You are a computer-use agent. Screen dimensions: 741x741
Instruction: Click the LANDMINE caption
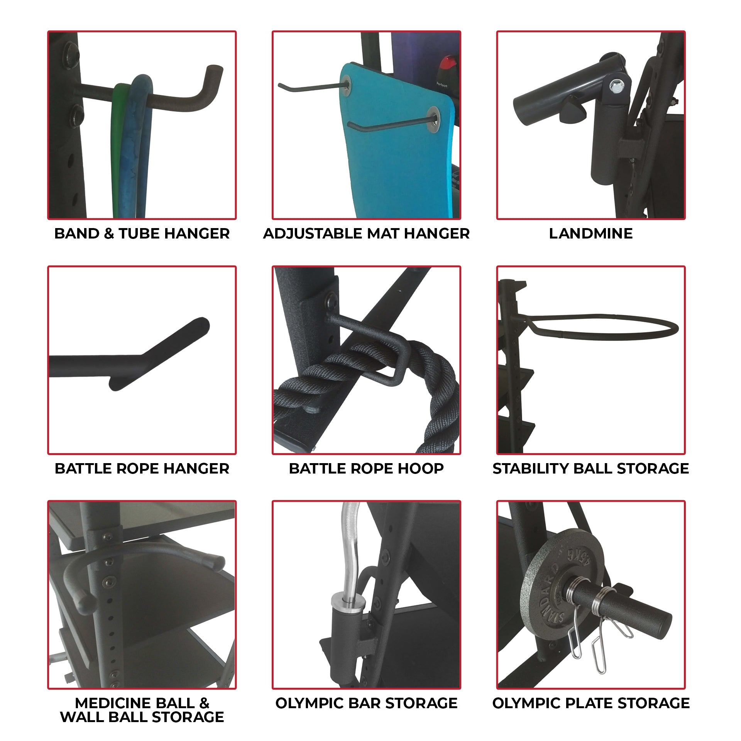coord(590,233)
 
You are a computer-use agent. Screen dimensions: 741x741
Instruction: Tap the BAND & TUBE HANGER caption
coord(142,233)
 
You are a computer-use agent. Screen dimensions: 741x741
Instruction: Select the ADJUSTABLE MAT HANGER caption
coord(366,233)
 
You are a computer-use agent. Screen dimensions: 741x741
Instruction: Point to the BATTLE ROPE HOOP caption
coord(366,468)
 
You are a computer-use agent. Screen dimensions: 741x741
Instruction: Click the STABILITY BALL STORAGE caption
coord(590,468)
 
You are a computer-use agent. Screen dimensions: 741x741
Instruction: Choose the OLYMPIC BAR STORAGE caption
coord(366,703)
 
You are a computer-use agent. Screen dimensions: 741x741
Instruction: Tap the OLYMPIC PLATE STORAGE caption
coord(590,703)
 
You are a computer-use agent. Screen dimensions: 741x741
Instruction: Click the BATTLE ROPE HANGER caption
coord(142,468)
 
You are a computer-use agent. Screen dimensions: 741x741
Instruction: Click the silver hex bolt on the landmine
coord(615,86)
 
